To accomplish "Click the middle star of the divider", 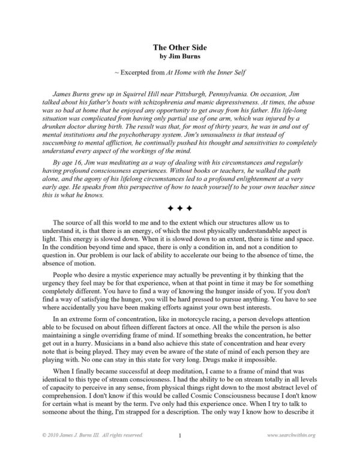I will point(180,208).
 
